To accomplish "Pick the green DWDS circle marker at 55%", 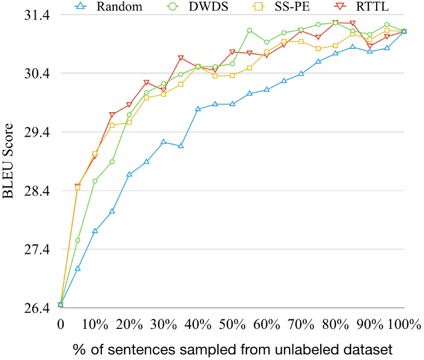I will point(250,30).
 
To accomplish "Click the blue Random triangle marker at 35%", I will point(181,146).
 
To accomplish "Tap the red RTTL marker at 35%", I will point(181,58).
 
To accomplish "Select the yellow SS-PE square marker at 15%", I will point(112,126).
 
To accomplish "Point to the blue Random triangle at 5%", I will point(78,268).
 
